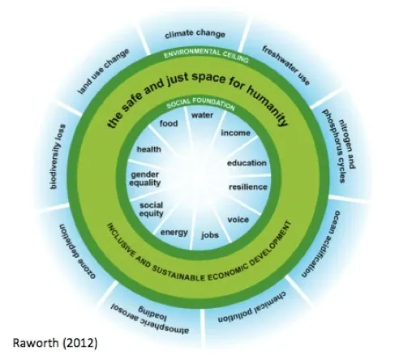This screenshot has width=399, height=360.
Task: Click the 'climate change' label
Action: (195, 34)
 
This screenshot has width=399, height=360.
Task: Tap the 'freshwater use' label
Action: (285, 66)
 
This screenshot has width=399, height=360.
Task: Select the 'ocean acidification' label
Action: (321, 244)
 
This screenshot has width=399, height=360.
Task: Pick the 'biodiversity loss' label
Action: (57, 156)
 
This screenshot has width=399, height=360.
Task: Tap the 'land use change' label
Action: (104, 71)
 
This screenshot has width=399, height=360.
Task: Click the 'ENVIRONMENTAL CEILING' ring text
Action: (206, 55)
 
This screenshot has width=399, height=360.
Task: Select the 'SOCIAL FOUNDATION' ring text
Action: (200, 103)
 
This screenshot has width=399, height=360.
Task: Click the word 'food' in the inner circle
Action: (169, 123)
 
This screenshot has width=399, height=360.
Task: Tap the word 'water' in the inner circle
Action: (202, 115)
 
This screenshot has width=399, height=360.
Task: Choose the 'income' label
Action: (235, 133)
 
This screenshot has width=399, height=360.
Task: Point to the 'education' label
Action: (247, 163)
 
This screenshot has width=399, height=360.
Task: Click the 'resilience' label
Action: (248, 187)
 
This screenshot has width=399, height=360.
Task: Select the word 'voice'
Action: (238, 220)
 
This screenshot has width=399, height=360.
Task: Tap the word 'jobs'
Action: (210, 235)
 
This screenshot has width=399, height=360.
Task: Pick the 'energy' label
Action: (174, 233)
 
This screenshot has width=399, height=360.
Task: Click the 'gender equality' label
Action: (145, 178)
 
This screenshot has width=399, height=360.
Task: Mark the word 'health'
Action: (148, 149)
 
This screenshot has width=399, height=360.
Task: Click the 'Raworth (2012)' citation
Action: (55, 343)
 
